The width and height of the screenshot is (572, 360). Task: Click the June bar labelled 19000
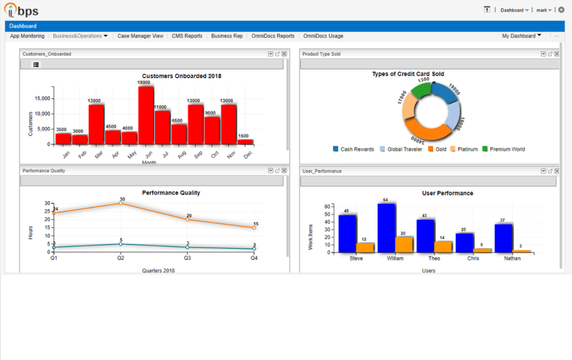click(146, 115)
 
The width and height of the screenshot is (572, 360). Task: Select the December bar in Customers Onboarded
click(245, 142)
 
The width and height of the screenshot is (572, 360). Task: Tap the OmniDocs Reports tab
click(273, 36)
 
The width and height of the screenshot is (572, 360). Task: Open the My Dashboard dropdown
click(521, 36)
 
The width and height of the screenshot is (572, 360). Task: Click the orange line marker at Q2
click(121, 203)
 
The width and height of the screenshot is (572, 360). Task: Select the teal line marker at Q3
click(187, 247)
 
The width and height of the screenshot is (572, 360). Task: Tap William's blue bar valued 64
click(386, 228)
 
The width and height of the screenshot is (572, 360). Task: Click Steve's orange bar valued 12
click(365, 247)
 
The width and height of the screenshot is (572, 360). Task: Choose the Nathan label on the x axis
click(512, 259)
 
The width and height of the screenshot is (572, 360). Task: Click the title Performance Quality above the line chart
click(171, 193)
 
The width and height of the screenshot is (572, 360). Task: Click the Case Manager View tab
click(140, 36)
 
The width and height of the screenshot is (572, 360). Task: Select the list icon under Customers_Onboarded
click(36, 64)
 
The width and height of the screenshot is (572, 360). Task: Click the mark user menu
click(543, 10)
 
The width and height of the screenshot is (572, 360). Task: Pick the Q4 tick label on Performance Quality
click(254, 259)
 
